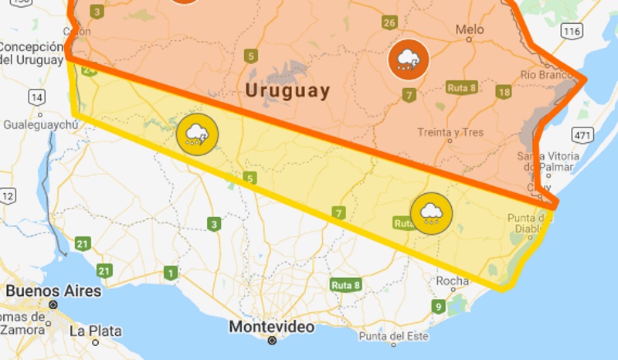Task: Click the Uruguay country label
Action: click(x=287, y=90)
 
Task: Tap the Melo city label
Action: click(x=470, y=30)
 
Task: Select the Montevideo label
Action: click(x=272, y=327)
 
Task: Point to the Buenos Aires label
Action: click(x=53, y=291)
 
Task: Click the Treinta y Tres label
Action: click(x=450, y=132)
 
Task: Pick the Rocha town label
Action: click(x=453, y=281)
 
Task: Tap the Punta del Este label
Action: click(x=393, y=336)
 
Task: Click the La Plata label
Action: click(x=95, y=331)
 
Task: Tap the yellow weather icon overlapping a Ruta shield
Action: click(x=431, y=212)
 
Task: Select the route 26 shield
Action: click(x=389, y=22)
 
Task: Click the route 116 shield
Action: click(x=572, y=32)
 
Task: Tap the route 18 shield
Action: click(x=504, y=93)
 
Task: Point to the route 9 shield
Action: click(x=438, y=307)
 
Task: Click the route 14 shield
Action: click(x=36, y=97)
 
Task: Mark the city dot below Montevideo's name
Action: click(x=272, y=341)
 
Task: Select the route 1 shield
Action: click(x=170, y=272)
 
